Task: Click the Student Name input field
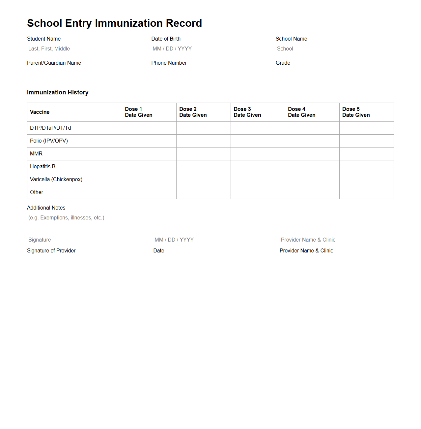[x=86, y=49]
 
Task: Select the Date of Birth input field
[x=210, y=49]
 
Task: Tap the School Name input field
[x=334, y=49]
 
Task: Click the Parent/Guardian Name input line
[x=86, y=73]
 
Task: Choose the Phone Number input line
[x=210, y=73]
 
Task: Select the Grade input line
[x=334, y=73]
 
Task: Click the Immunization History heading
[x=58, y=92]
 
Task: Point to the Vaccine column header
[x=40, y=112]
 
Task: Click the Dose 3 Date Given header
[x=247, y=112]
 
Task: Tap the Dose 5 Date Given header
[x=356, y=112]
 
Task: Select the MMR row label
[x=36, y=154]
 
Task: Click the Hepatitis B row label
[x=42, y=167]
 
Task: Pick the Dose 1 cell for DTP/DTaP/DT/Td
[x=149, y=128]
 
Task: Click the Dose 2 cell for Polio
[x=204, y=141]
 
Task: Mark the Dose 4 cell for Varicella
[x=312, y=180]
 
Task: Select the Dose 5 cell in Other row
[x=367, y=192]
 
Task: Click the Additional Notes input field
[x=210, y=218]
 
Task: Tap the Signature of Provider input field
[x=84, y=240]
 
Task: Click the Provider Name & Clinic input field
[x=336, y=240]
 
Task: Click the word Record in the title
[x=184, y=23]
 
